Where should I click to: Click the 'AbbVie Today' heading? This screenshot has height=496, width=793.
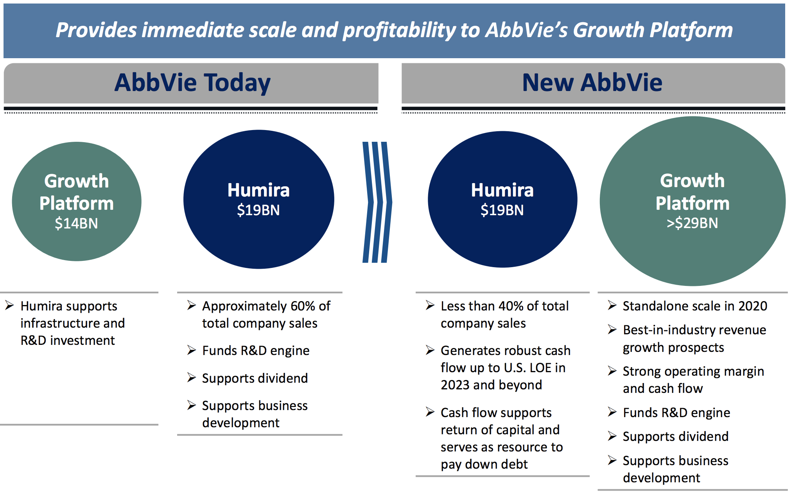(192, 83)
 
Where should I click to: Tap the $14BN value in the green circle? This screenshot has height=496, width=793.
(76, 223)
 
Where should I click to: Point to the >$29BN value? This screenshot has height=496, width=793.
(693, 223)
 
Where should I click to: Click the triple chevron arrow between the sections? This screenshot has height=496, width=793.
(377, 202)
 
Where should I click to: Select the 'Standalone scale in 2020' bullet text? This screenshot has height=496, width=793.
(695, 306)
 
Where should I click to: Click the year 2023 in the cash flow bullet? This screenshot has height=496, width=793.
(455, 385)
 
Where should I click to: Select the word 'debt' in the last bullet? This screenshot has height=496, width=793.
(515, 464)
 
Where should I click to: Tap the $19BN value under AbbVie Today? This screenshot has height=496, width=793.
(258, 210)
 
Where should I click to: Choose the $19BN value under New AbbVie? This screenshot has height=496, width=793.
(502, 210)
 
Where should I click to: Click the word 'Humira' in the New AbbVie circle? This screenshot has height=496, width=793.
(502, 190)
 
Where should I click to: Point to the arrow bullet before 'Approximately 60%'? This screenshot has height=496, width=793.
(191, 305)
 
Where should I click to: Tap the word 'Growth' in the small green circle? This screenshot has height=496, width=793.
(76, 181)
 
